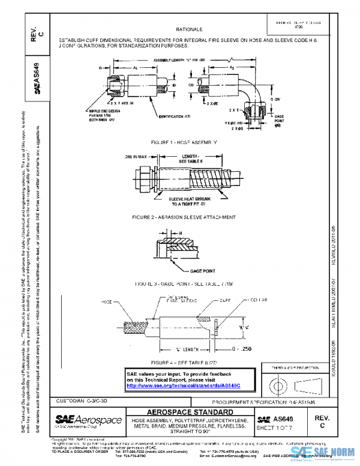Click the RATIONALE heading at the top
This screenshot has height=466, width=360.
[189, 29]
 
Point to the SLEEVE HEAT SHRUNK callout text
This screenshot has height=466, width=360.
[184, 201]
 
